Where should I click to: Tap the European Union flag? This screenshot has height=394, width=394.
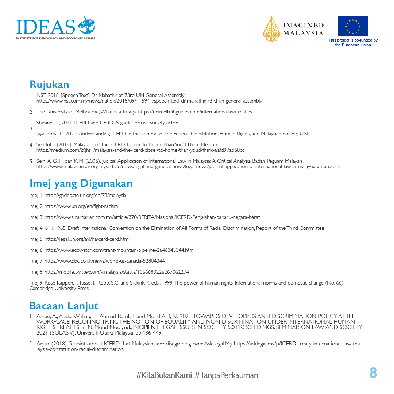pos(352,26)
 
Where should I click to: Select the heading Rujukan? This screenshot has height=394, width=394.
pos(49,85)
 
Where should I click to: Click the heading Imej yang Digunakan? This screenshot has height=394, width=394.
pos(81,183)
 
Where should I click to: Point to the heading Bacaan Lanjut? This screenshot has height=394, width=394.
pos(64,306)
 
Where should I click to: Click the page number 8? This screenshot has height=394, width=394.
pos(373,373)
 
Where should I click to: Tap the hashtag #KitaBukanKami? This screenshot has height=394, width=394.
pos(164,375)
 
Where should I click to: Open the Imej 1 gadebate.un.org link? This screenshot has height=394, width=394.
pos(85,196)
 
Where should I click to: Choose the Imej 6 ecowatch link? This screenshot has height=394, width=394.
pos(119,250)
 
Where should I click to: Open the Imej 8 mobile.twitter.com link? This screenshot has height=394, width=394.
pos(117,272)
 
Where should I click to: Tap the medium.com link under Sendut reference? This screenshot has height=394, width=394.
pos(140,150)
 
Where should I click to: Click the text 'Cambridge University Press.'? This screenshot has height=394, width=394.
pos(59,288)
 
